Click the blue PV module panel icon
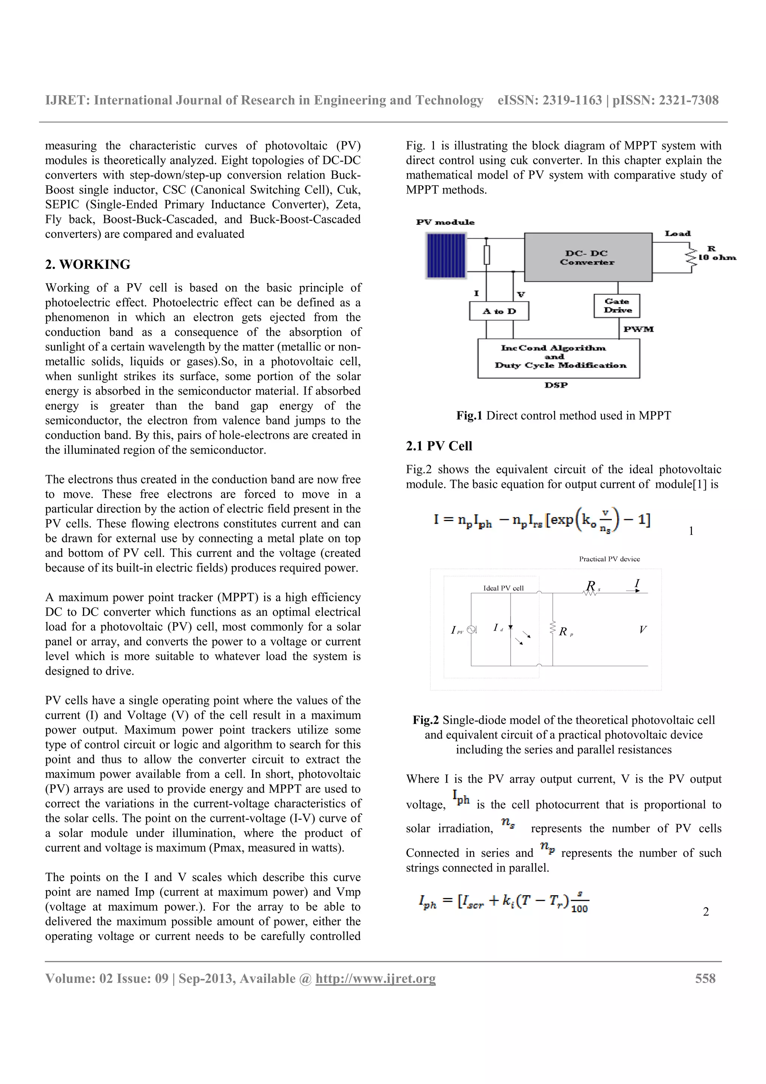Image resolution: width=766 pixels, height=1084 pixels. tap(446, 256)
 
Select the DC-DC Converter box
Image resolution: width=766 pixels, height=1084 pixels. tap(588, 257)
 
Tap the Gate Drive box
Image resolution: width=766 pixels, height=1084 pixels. tap(617, 306)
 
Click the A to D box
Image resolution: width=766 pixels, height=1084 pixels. tap(499, 311)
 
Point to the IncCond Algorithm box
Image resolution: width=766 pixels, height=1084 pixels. tap(559, 357)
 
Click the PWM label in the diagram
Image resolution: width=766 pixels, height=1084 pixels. tap(638, 329)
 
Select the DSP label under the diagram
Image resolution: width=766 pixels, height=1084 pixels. tap(556, 385)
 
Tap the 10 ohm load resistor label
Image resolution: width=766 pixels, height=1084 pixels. tap(717, 257)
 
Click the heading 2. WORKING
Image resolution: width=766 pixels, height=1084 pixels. tap(88, 264)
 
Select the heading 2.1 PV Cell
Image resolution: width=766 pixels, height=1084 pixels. tap(439, 446)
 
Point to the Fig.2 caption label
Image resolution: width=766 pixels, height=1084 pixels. tap(425, 720)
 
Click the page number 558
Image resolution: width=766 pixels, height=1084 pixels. tap(705, 978)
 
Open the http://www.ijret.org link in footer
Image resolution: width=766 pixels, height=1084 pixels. tap(375, 978)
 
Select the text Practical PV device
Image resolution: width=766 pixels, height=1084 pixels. tap(609, 559)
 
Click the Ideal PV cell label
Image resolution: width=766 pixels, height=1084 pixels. tap(503, 588)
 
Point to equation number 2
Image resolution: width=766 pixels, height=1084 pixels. tap(705, 912)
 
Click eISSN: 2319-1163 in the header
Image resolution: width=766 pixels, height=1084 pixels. tap(550, 101)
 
